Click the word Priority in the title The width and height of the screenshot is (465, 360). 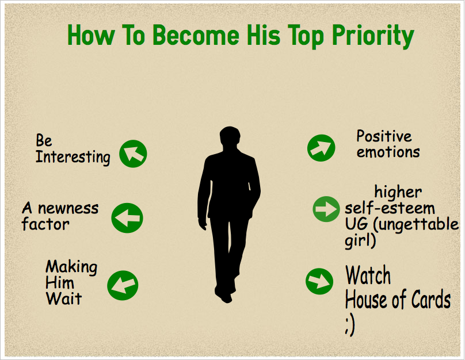[x=373, y=36]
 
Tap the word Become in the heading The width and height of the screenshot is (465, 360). [x=196, y=35]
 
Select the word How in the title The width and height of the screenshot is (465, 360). [x=91, y=35]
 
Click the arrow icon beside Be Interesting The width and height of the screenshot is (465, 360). [x=133, y=154]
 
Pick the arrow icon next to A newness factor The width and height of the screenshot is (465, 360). [x=127, y=218]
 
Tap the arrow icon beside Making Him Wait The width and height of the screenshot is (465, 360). [x=123, y=285]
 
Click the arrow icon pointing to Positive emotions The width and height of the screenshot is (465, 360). [x=321, y=148]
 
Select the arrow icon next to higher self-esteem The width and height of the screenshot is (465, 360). [x=326, y=209]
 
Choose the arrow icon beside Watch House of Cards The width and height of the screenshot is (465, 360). [x=319, y=281]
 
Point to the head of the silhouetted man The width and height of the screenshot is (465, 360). [x=230, y=137]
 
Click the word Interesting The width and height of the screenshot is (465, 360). [x=73, y=157]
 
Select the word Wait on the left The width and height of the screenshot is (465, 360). [x=64, y=298]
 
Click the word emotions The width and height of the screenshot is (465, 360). [x=388, y=152]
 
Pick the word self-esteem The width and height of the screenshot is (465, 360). [x=390, y=208]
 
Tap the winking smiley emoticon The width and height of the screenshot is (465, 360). [x=350, y=325]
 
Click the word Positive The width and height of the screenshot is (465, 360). [x=384, y=136]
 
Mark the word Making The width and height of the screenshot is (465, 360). [x=71, y=267]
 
